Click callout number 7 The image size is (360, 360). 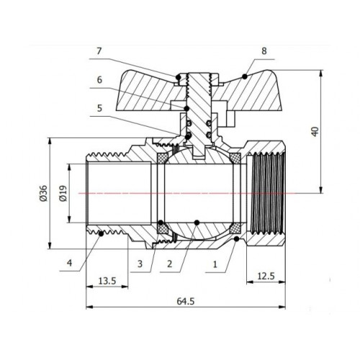click(x=99, y=51)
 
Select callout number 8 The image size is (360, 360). click(x=264, y=51)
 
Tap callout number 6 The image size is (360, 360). click(x=99, y=80)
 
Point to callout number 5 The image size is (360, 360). click(x=99, y=108)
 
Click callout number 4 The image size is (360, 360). click(x=69, y=263)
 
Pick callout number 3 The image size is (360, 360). click(x=140, y=264)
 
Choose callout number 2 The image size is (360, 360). click(x=170, y=264)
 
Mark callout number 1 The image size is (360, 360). click(x=215, y=264)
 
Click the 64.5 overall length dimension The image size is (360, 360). click(x=186, y=301)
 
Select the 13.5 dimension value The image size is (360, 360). click(x=107, y=281)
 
